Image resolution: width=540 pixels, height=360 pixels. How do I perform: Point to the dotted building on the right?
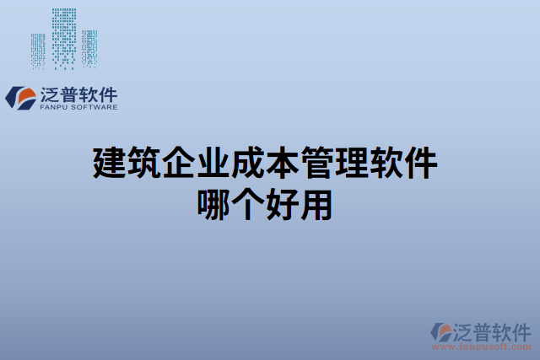click(x=90, y=47)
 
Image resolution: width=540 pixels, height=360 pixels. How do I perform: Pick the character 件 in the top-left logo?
click(x=107, y=94)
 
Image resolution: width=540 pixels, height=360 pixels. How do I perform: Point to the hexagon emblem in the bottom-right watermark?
click(x=441, y=332)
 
